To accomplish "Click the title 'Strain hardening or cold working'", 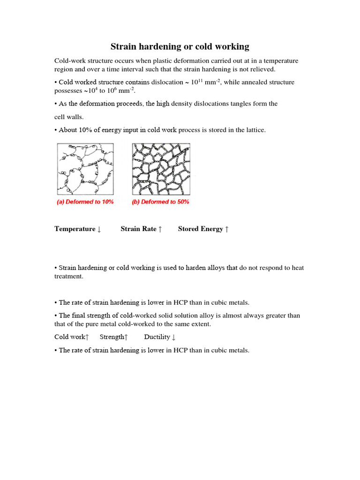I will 180,46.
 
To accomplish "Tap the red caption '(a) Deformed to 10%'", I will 85,202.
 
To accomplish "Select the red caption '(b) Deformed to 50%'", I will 161,202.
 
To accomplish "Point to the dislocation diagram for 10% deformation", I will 85,169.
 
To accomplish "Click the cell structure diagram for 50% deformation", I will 161,169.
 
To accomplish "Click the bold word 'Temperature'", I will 75,229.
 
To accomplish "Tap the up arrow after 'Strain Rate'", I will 160,229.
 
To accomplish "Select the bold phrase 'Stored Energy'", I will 200,229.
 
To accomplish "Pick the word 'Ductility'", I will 157,337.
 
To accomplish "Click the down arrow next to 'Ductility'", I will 174,337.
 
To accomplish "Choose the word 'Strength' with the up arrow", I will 112,337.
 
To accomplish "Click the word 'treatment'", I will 68,277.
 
